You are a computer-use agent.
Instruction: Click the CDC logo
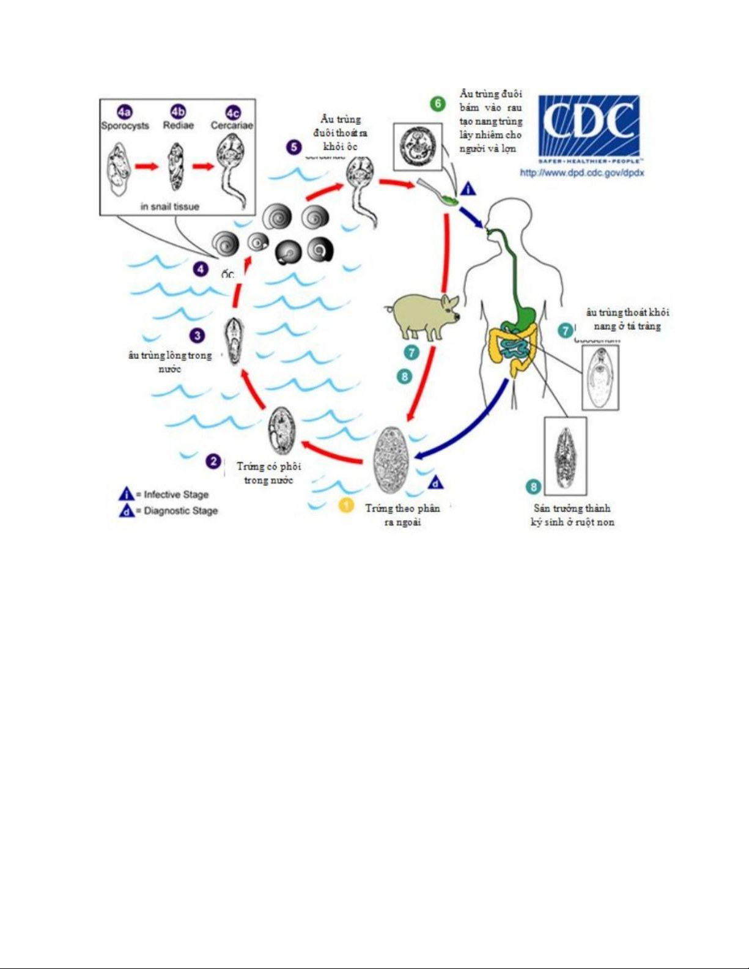(589, 127)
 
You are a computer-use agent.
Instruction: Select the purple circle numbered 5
(293, 147)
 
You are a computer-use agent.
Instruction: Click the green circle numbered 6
(438, 103)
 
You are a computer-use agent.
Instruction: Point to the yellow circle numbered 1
(346, 506)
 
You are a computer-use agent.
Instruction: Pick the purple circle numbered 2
(213, 461)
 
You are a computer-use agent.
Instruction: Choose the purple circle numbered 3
(197, 335)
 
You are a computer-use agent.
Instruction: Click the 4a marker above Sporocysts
(125, 112)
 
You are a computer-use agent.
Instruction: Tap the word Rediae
(178, 125)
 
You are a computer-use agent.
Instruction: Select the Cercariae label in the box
(232, 125)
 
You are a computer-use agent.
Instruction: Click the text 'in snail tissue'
(170, 207)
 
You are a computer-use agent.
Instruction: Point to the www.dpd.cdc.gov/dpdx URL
(581, 173)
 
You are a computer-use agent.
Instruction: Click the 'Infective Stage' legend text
(176, 495)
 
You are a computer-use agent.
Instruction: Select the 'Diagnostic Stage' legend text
(180, 510)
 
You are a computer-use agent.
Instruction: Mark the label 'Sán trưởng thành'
(572, 508)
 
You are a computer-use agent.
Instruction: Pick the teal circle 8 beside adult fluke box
(534, 487)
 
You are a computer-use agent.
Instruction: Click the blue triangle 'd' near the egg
(435, 483)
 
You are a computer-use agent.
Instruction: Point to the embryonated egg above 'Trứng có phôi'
(282, 432)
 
